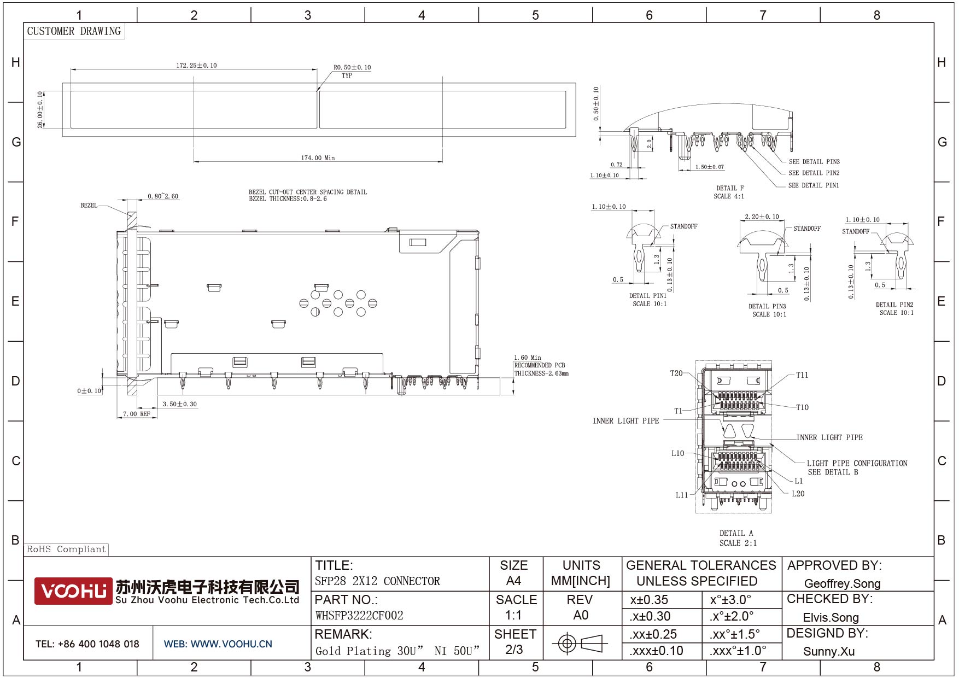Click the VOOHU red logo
click(73, 591)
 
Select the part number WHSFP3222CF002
click(359, 616)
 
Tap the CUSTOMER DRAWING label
click(74, 31)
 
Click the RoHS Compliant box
click(66, 549)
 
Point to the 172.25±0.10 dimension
click(196, 66)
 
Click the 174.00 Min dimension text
click(318, 158)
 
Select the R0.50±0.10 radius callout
click(352, 68)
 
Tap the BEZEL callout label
click(89, 206)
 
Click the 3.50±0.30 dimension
click(180, 404)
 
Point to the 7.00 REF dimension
click(137, 414)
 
